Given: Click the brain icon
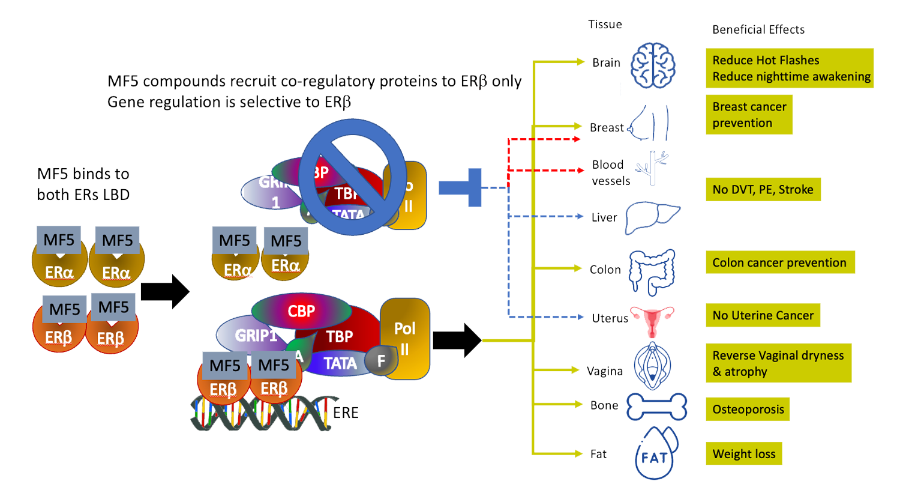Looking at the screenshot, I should pos(653,65).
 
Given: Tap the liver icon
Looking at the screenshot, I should pos(652,217).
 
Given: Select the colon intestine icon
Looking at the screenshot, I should pos(652,272).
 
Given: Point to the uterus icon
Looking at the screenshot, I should pos(652,321).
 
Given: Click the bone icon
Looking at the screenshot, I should pos(656,407).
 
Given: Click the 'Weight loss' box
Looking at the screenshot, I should pos(743,454).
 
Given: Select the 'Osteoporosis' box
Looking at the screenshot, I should pos(748,410).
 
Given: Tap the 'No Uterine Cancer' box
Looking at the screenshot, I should pos(763,315).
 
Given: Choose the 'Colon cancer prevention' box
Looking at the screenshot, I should pos(779,262).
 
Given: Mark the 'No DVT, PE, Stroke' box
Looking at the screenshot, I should pos(763,190).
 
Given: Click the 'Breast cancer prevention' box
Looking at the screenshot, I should pos(749,115).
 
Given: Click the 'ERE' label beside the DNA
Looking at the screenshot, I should pos(346,413).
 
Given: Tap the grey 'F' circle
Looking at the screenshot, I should pos(381,360).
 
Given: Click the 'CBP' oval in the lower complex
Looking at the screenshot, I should pos(301,311).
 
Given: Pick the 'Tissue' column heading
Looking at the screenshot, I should pos(605,25).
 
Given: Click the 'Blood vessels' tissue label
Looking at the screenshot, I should pos(610,172).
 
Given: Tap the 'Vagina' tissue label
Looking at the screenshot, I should pos(604,371).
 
